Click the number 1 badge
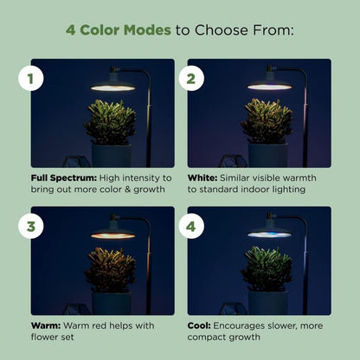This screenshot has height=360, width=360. [31, 80]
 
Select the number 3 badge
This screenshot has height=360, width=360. [31, 227]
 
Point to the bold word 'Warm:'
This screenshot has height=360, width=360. [45, 325]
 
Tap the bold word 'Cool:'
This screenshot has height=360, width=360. [202, 325]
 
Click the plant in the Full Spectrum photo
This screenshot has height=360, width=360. [110, 121]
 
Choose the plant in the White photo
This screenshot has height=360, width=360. [267, 121]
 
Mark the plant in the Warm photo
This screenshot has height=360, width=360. [110, 269]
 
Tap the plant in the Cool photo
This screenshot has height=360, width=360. [267, 269]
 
